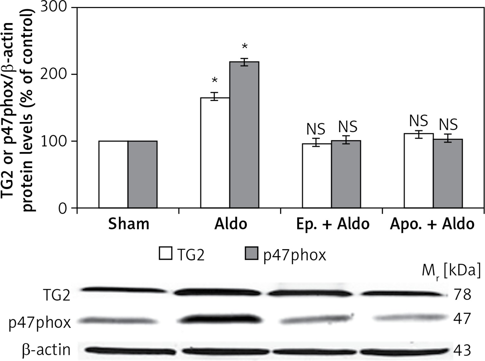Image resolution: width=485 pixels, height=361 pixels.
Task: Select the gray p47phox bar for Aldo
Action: [244, 135]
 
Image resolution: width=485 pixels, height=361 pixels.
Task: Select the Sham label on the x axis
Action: [128, 224]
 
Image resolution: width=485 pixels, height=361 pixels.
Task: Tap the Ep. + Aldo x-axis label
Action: [333, 224]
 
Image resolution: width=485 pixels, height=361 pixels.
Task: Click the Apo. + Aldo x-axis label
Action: [432, 224]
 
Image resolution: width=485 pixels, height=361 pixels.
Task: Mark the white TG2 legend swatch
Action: [165, 253]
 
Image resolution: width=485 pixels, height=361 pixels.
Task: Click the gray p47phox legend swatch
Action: [251, 253]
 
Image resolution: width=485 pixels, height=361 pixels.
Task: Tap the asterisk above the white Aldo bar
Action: [215, 80]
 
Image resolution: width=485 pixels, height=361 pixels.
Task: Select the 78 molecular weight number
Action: [462, 294]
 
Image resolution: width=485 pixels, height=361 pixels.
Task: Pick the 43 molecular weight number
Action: [462, 350]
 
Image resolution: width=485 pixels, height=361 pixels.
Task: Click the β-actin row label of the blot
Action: [46, 350]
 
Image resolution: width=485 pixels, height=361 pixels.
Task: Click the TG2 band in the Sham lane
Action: [124, 289]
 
